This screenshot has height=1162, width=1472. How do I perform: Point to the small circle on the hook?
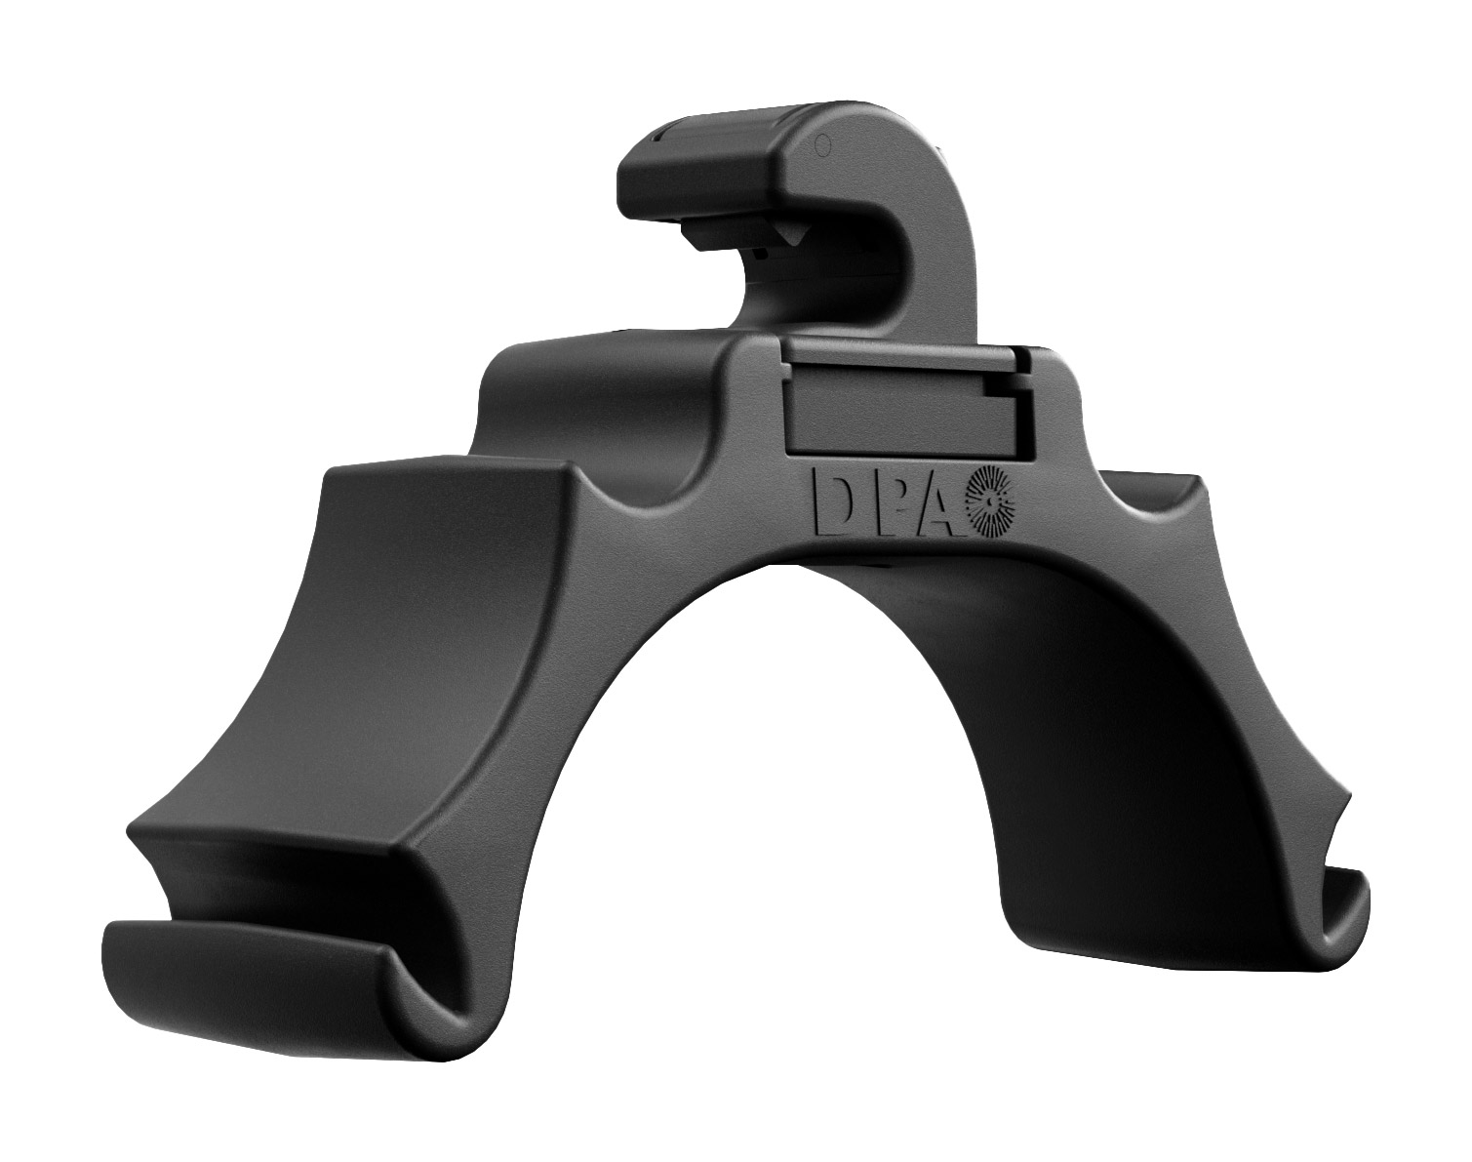coord(824,145)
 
